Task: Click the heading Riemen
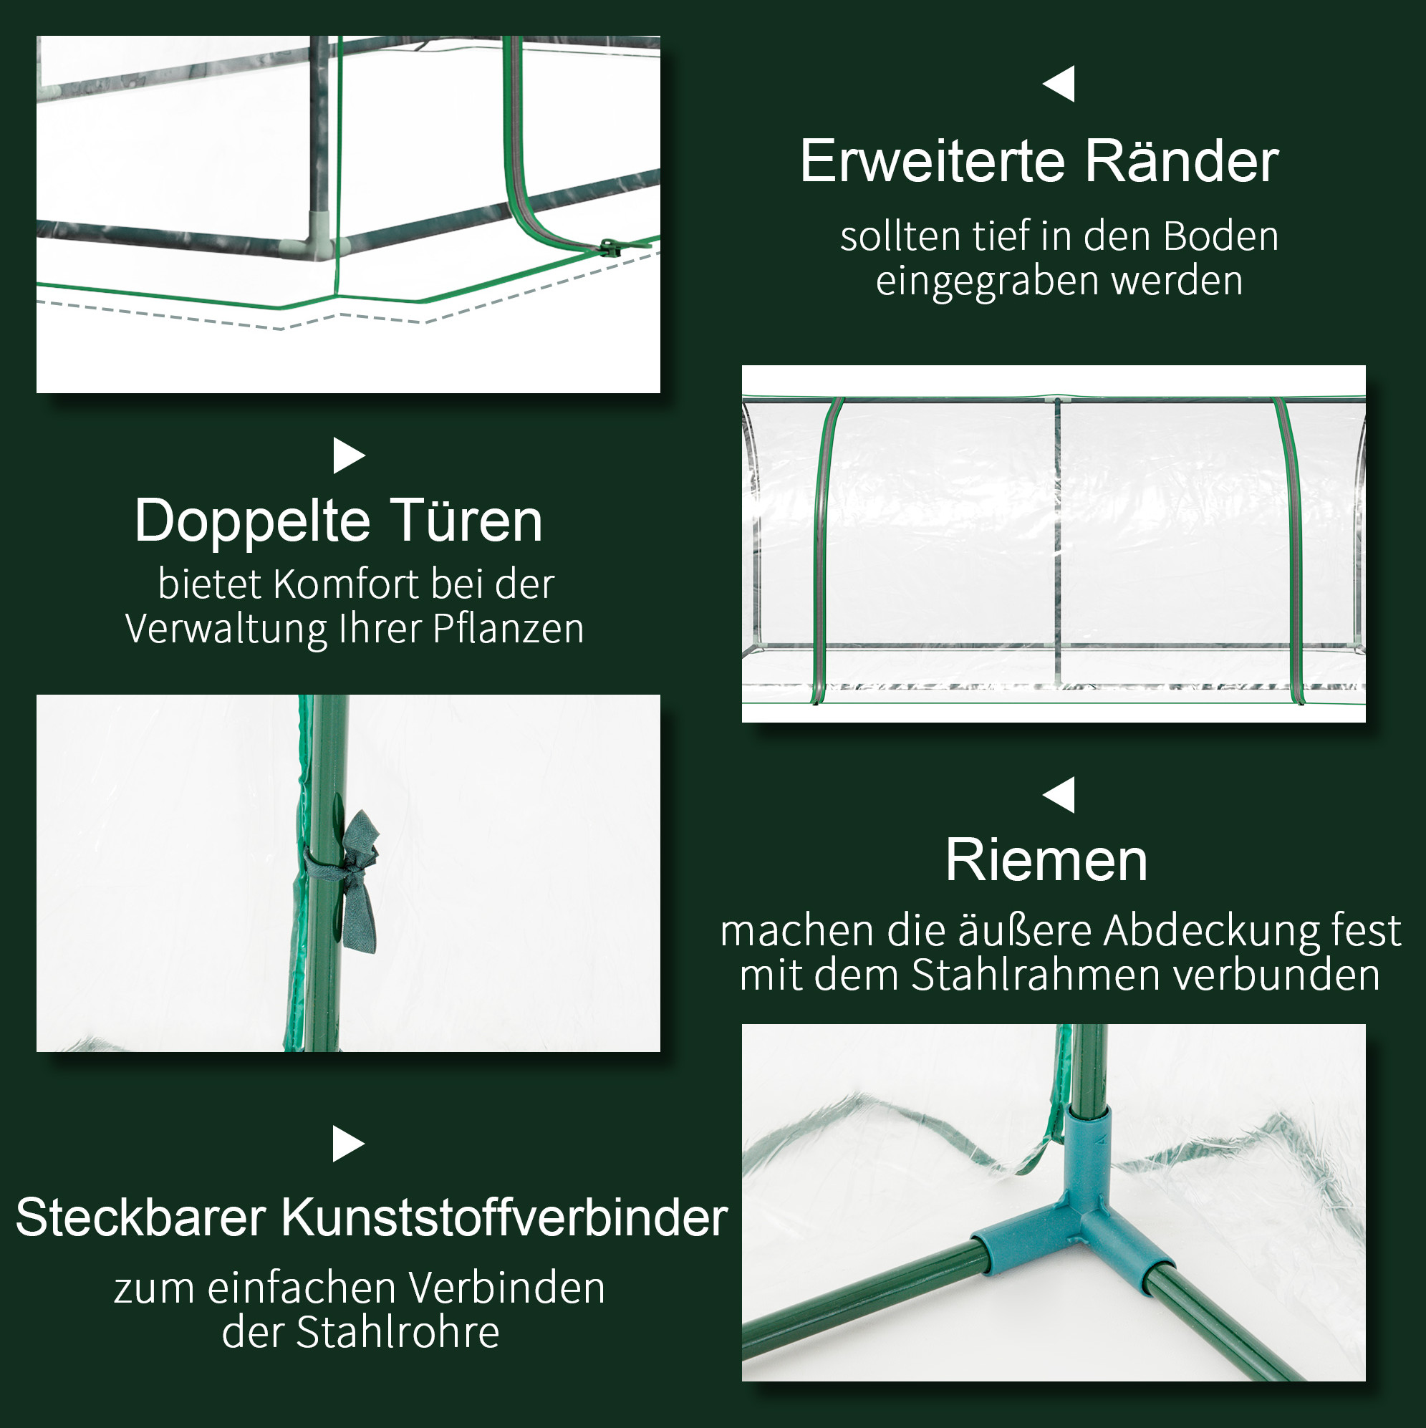coord(1046,860)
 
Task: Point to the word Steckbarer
coord(140,1218)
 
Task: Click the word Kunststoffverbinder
coord(504,1218)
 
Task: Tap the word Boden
coord(1220,236)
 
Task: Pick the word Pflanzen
coord(508,629)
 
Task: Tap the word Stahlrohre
coord(398,1333)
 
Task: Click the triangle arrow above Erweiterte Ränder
coord(1059,84)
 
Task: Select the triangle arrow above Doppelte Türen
coord(349,455)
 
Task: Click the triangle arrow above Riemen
coord(1059,794)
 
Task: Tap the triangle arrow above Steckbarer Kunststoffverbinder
coord(349,1144)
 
